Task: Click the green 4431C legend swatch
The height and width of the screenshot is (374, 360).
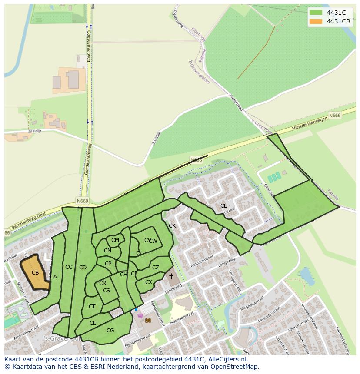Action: pos(316,12)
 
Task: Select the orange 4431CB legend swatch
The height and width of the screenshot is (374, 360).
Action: pos(316,21)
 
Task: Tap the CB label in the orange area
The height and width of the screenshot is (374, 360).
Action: pos(35,273)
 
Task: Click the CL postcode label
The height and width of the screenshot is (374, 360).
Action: pos(223,206)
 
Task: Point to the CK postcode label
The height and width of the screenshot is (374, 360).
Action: pos(172,226)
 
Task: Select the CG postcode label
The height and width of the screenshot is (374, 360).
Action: pos(110,331)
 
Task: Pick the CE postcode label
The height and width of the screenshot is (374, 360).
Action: pos(93,323)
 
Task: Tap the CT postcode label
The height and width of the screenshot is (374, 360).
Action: pos(92,307)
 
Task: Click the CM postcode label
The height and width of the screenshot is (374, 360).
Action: pos(115,240)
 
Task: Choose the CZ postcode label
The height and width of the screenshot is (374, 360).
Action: pos(156,268)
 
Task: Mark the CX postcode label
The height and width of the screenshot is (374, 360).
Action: pos(149,282)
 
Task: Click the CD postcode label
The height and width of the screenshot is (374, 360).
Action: pos(83,268)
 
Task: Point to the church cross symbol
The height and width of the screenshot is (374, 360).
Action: pos(171,276)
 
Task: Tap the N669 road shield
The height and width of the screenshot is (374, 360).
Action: pos(82,201)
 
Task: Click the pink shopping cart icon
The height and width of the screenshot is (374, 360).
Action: pos(140,316)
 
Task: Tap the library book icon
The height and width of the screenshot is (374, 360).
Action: pos(148,321)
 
